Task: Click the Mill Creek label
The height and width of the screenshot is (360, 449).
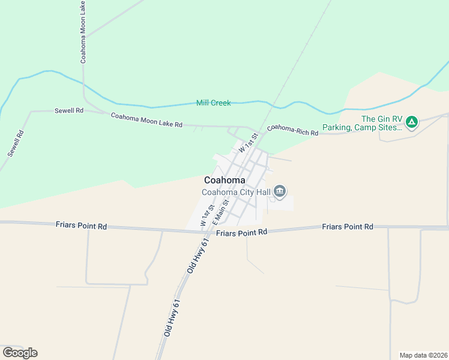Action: (213, 103)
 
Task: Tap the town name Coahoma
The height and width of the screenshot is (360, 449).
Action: (224, 180)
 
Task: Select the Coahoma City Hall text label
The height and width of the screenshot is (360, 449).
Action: (236, 192)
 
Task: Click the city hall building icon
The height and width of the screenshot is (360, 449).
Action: (280, 192)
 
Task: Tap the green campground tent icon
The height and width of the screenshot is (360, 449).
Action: (411, 123)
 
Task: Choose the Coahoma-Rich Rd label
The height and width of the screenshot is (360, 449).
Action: (292, 130)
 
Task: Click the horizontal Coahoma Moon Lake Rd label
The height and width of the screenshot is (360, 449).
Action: (146, 119)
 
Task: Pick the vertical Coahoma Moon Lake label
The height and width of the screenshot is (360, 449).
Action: (83, 32)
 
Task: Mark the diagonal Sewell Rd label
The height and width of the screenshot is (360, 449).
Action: (16, 143)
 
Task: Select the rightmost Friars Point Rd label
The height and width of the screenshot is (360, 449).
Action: (348, 226)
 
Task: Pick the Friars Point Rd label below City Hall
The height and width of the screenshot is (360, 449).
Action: (241, 232)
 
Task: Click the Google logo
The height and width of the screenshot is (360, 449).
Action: (20, 353)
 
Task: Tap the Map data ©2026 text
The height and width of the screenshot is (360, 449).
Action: (423, 355)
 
